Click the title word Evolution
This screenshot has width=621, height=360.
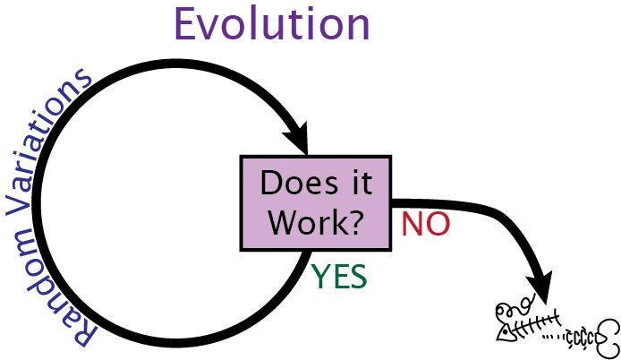point(272,23)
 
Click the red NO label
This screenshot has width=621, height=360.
point(425,224)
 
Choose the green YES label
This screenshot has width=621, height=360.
point(339,278)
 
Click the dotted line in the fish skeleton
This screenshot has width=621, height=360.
point(556,338)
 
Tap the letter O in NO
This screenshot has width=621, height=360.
point(436,224)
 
